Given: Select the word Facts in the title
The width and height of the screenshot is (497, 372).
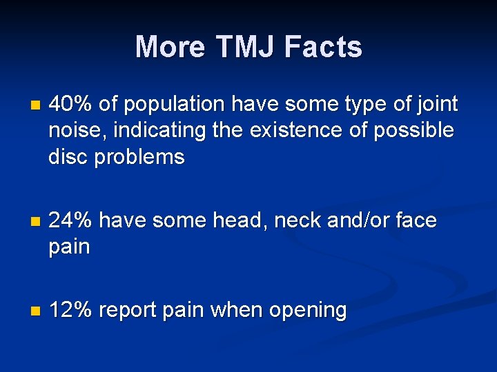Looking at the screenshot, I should click(x=323, y=47).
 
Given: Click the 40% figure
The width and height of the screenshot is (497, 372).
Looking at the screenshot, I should click(x=71, y=104).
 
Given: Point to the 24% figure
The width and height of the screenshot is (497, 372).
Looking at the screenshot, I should click(x=71, y=220).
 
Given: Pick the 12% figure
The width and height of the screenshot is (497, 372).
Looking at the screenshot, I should click(x=71, y=310).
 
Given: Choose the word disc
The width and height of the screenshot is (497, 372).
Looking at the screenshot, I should click(x=68, y=157).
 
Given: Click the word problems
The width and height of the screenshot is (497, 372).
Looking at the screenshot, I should click(x=139, y=157).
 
